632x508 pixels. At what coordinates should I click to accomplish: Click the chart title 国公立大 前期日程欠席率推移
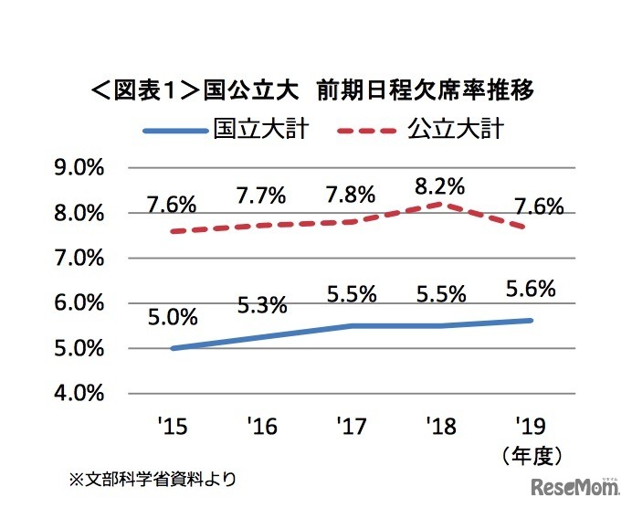click(x=312, y=90)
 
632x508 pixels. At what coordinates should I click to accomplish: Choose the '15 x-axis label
click(x=172, y=426)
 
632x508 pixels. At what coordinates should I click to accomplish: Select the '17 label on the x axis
click(x=352, y=426)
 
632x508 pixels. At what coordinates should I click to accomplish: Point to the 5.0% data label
click(x=172, y=317)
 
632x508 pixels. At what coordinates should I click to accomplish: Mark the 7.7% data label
click(x=261, y=195)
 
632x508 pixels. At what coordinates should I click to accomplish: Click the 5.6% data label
click(x=530, y=290)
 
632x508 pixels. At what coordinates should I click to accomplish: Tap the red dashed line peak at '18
click(x=441, y=203)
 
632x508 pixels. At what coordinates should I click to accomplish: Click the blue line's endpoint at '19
click(x=531, y=321)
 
